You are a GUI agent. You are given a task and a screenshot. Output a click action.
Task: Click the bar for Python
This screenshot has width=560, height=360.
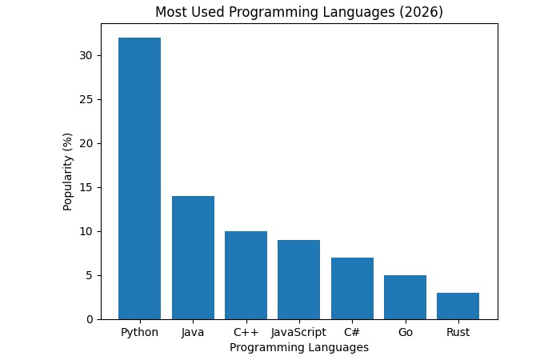tap(139, 178)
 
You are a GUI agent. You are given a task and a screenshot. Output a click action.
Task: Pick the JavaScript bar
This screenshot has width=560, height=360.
tap(298, 279)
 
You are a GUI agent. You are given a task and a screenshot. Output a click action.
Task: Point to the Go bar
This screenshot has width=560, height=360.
tap(405, 297)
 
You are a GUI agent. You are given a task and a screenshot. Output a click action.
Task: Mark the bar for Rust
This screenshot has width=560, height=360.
tap(458, 306)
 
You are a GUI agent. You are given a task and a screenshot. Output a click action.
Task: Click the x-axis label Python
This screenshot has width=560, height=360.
tap(139, 331)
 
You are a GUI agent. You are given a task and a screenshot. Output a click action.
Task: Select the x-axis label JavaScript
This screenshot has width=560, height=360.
tap(298, 331)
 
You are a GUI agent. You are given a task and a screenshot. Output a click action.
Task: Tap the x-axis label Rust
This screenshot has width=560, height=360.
tap(458, 331)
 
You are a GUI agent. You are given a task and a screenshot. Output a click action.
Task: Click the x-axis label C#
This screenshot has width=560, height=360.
tap(352, 331)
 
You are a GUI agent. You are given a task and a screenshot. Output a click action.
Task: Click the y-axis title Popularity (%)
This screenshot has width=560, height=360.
tap(68, 171)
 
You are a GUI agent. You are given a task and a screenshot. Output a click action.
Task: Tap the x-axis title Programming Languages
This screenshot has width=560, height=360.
tap(298, 348)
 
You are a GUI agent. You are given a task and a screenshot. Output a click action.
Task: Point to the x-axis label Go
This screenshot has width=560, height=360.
tap(405, 331)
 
